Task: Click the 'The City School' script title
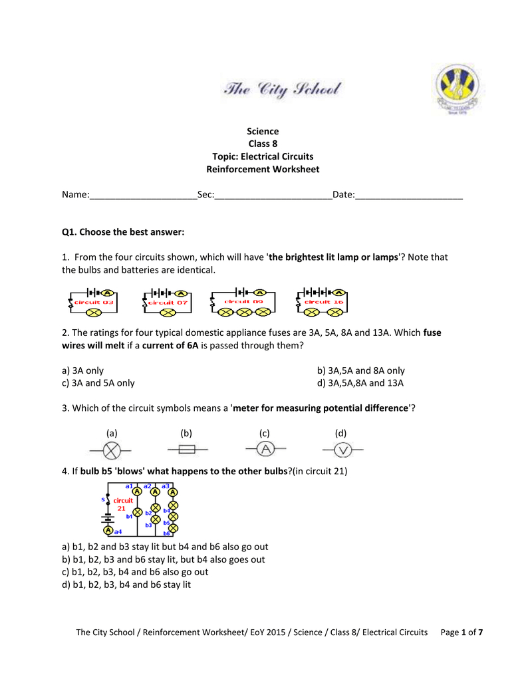[282, 90]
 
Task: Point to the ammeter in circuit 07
[181, 293]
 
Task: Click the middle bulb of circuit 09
[245, 311]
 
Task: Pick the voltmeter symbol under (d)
[342, 450]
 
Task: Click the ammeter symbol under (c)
[265, 450]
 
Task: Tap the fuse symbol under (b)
[188, 450]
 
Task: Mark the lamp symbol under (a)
[111, 451]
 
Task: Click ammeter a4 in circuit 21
[108, 531]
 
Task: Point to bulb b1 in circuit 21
[138, 512]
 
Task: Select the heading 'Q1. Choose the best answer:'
[122, 232]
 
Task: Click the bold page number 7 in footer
[480, 632]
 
